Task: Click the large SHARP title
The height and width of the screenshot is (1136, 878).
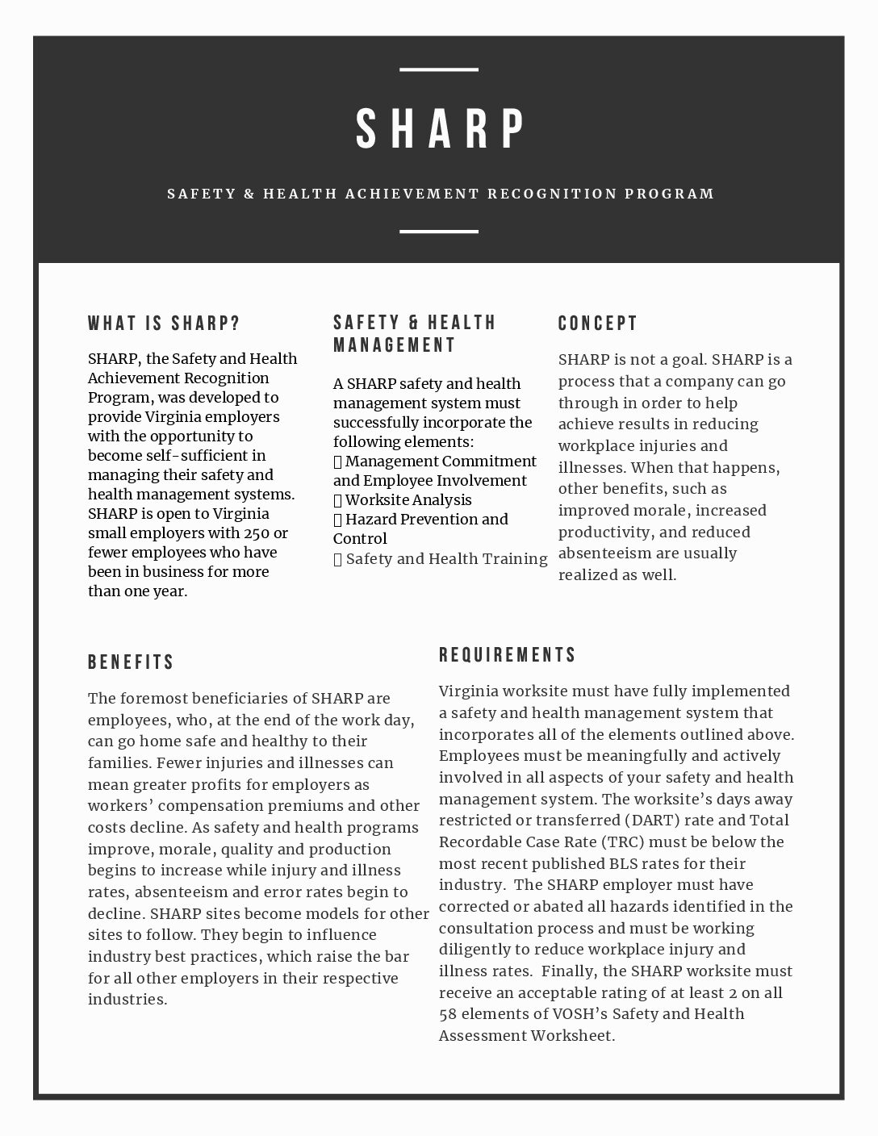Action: (441, 129)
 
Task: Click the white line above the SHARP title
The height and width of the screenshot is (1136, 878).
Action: (439, 70)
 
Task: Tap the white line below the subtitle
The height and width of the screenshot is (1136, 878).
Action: (439, 232)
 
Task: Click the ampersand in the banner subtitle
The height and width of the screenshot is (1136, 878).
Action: (249, 194)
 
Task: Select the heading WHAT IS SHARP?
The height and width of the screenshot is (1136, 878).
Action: (164, 324)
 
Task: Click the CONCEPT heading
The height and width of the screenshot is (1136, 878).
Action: (598, 324)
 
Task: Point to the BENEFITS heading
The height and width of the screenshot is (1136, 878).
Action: (131, 662)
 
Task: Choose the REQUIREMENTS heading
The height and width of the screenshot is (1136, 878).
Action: (508, 654)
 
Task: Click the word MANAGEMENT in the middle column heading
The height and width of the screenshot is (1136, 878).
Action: (395, 345)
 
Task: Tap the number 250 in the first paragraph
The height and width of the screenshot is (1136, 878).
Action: (260, 533)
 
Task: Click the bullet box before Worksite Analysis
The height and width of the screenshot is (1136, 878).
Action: (338, 500)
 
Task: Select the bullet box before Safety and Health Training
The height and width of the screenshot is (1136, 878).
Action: (338, 559)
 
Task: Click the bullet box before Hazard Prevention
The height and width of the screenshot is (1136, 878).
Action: (338, 520)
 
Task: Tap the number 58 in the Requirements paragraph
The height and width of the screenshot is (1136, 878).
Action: (448, 1014)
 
